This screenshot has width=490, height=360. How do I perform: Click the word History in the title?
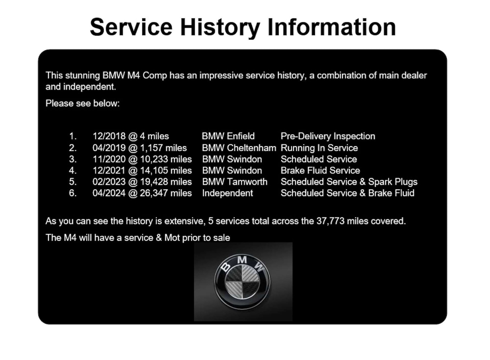[x=220, y=28]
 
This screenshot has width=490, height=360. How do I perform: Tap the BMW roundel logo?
[x=242, y=282]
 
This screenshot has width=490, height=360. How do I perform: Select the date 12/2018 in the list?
[x=109, y=136]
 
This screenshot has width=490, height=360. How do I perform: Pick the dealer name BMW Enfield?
[x=228, y=136]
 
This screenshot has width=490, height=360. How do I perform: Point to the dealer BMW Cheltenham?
[x=239, y=148]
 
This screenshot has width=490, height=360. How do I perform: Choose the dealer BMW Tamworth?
[x=235, y=182]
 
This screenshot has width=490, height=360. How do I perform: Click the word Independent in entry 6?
[x=227, y=193]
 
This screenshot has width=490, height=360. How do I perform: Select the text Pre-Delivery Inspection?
[x=328, y=136]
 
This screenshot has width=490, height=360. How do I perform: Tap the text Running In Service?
[x=319, y=148]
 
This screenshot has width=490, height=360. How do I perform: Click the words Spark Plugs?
[x=393, y=182]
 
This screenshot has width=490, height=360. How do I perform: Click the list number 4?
[x=73, y=171]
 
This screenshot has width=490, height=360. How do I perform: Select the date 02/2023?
[x=109, y=182]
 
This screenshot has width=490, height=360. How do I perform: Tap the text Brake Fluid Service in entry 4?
[x=320, y=171]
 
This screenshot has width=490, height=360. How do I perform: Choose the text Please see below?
[x=83, y=103]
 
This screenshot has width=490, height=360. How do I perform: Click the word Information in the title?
[x=332, y=28]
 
